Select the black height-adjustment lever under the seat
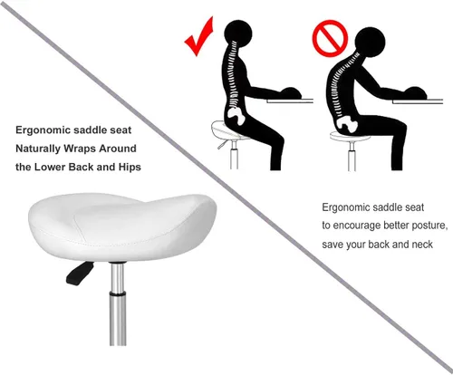tap(79, 271)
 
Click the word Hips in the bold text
tap(127, 168)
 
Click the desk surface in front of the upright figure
tap(299, 98)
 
